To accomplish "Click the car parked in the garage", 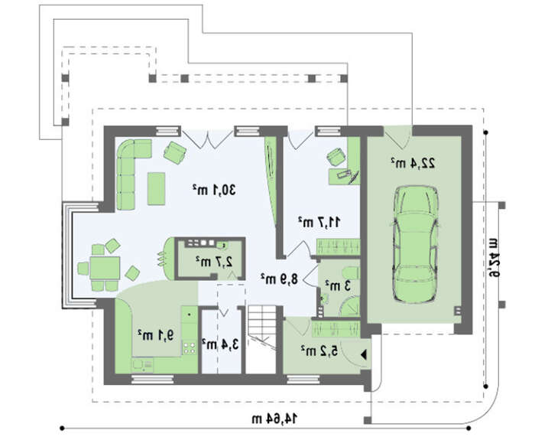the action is pyautogui.click(x=415, y=244).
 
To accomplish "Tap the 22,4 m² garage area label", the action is pyautogui.click(x=413, y=163).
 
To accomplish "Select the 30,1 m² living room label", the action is pyautogui.click(x=214, y=189).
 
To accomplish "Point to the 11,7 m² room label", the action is pyautogui.click(x=319, y=222).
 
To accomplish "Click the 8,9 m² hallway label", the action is pyautogui.click(x=279, y=279).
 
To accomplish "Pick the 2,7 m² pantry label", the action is pyautogui.click(x=214, y=262).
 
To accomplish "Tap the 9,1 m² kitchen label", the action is pyautogui.click(x=156, y=335).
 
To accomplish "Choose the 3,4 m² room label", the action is pyautogui.click(x=220, y=344).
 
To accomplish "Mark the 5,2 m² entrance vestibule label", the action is pyautogui.click(x=319, y=350).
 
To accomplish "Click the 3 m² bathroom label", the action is pyautogui.click(x=338, y=285).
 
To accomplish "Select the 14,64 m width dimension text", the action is pyautogui.click(x=274, y=418).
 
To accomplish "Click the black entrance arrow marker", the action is pyautogui.click(x=363, y=355).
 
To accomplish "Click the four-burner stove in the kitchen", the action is pyautogui.click(x=189, y=347).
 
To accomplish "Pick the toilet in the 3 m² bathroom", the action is pyautogui.click(x=350, y=273).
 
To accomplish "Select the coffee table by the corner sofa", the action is pyautogui.click(x=156, y=188).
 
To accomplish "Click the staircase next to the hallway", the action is pyautogui.click(x=261, y=339).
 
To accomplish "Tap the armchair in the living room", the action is pyautogui.click(x=175, y=153).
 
